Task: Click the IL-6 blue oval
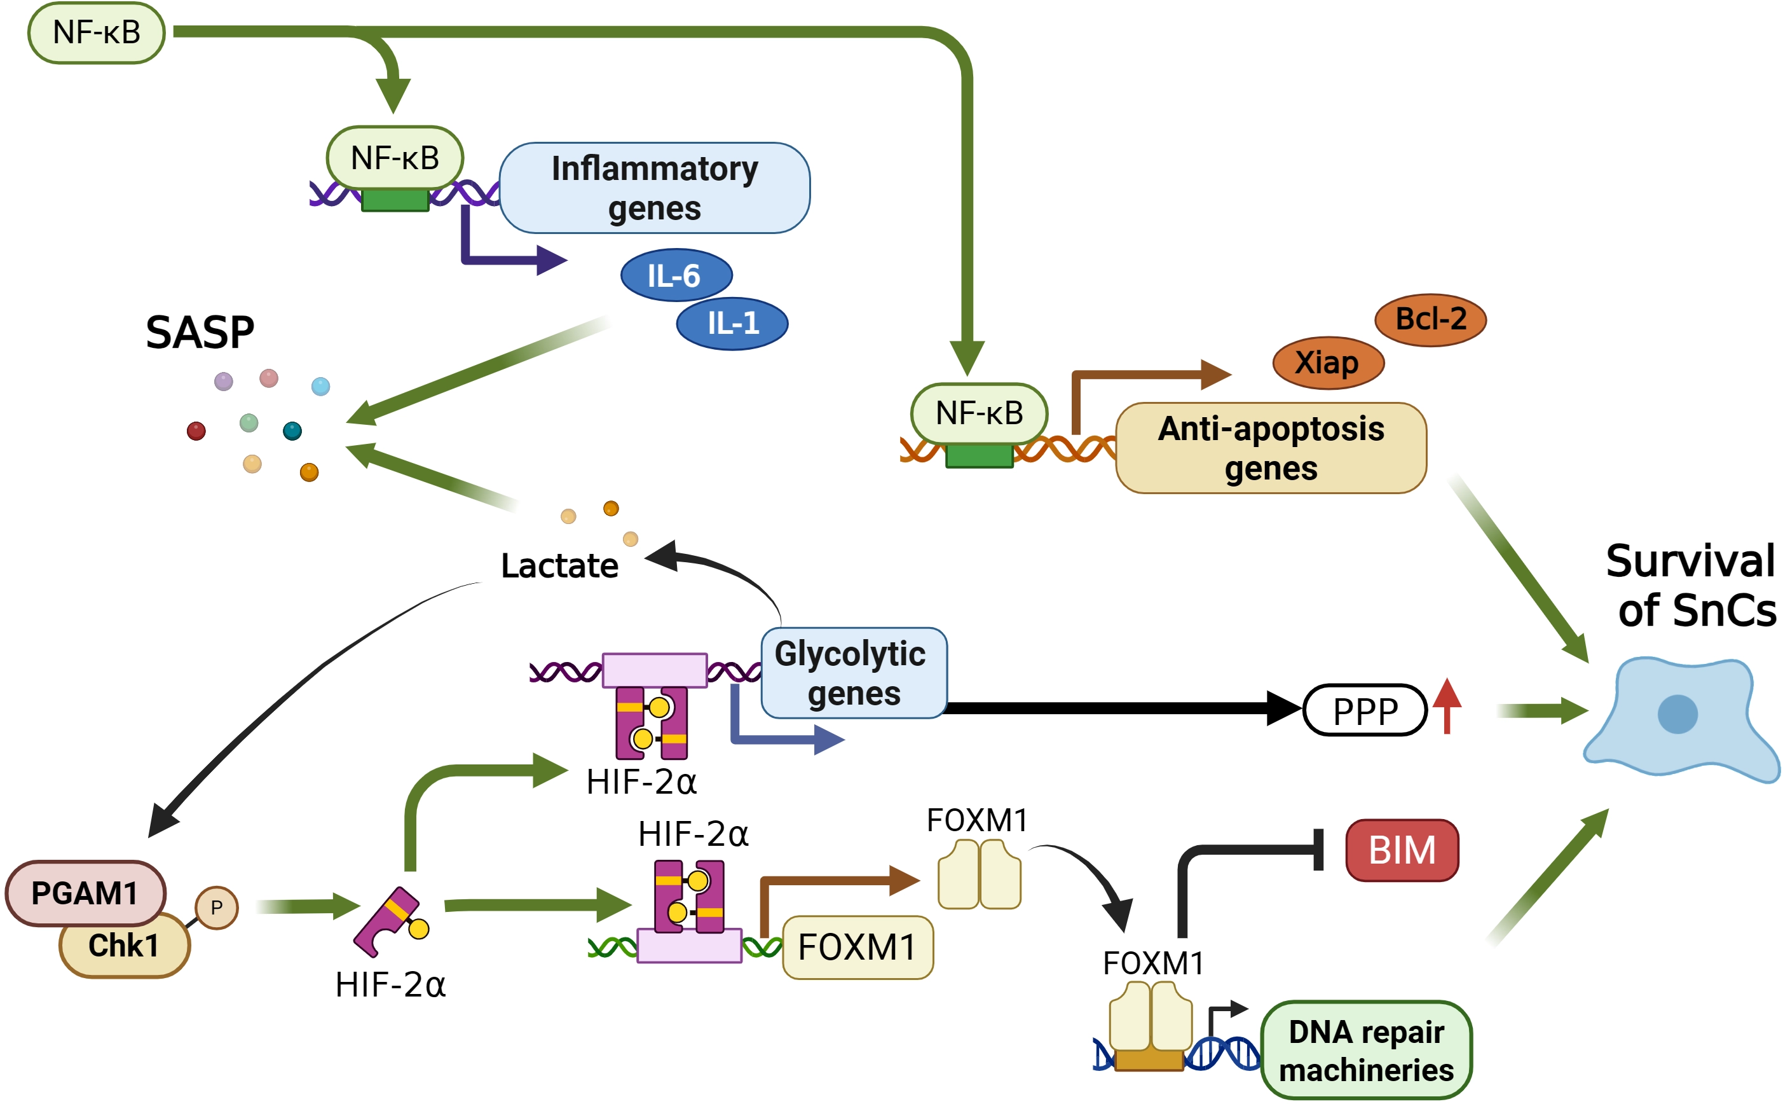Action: point(676,275)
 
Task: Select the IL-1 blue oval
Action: point(732,324)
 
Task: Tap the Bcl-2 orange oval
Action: point(1430,320)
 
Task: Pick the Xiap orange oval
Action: point(1328,363)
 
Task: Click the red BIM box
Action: point(1402,850)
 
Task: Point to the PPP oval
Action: point(1364,710)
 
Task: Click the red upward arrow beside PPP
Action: point(1447,705)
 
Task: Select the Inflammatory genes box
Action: point(655,188)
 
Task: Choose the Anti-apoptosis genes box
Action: point(1271,448)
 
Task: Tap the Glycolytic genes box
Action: point(854,672)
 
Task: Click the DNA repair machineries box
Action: point(1366,1050)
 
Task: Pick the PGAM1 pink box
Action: point(85,893)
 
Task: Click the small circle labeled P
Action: point(217,907)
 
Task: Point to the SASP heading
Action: point(200,333)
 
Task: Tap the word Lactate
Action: point(559,565)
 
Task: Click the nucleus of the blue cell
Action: point(1677,714)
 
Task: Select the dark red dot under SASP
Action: point(196,431)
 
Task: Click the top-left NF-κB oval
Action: point(97,33)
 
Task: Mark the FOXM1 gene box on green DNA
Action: point(857,947)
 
